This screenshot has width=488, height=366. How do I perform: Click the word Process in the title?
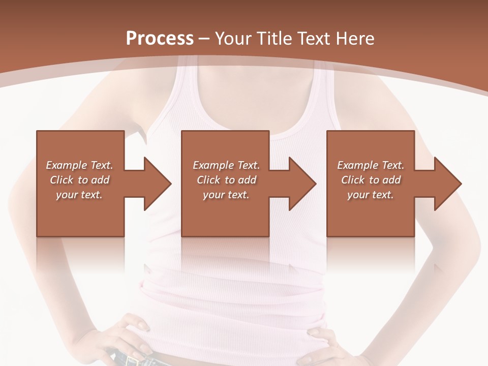coord(160,39)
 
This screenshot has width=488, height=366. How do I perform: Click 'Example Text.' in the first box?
coord(79,165)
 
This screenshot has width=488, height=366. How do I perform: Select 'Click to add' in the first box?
coord(79,180)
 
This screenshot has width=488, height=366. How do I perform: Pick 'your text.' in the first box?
coord(79,195)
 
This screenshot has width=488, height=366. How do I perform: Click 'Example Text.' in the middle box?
coord(226,165)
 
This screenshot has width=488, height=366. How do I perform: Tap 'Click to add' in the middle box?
coord(226,180)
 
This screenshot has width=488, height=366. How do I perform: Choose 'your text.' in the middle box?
coord(226,195)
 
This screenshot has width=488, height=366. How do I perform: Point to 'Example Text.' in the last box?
coord(371,165)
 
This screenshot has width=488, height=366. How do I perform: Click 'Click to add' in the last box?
coord(371,180)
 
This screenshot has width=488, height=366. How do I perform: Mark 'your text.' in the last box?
coord(371,195)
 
